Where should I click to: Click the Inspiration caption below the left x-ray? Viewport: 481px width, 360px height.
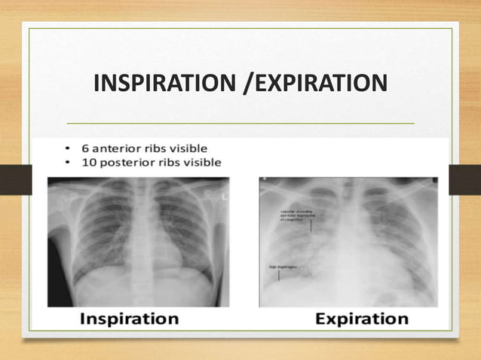tap(129, 319)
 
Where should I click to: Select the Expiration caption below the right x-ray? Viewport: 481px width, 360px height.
tap(362, 319)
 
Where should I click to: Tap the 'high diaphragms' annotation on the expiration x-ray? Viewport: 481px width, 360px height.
tap(282, 267)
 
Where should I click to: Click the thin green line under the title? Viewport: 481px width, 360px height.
tap(241, 123)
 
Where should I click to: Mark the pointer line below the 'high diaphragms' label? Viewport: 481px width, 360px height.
tap(279, 275)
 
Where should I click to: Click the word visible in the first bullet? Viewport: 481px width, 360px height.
tap(188, 148)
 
